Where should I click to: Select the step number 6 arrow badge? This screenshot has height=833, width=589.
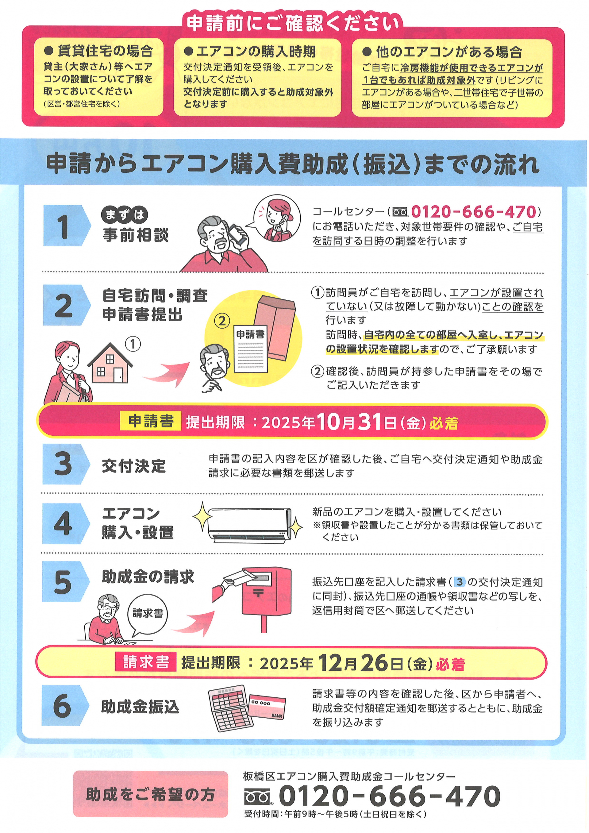pos(65,706)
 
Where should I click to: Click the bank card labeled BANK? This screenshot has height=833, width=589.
pos(267,706)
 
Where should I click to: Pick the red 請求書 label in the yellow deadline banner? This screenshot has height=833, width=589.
pos(146,661)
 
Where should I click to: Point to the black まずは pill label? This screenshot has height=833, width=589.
pos(125,215)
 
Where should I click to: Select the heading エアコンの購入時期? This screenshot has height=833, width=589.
pos(256,52)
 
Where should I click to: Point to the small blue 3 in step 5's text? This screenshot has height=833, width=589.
pos(460,582)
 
